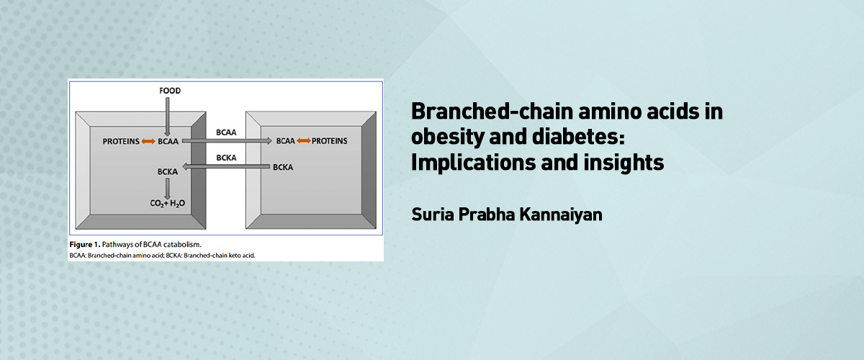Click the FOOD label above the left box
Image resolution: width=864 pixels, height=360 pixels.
tap(170, 91)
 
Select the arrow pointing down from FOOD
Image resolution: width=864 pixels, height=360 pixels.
tap(167, 117)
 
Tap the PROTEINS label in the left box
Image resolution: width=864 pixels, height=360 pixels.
tap(121, 142)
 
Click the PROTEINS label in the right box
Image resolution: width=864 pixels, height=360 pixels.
tap(330, 141)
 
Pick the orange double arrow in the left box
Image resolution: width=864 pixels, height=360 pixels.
tap(148, 142)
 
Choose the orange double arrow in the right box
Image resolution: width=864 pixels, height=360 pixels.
tap(304, 141)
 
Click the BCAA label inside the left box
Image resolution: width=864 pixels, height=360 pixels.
tap(168, 142)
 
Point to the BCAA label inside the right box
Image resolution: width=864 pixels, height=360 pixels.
tap(285, 141)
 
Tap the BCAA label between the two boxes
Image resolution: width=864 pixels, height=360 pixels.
tap(226, 132)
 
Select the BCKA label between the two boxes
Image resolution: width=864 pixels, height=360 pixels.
tap(226, 158)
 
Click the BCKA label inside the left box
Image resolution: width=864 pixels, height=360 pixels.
tap(167, 171)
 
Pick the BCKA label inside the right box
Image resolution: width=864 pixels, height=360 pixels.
tap(283, 168)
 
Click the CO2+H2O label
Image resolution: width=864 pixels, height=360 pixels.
tap(167, 203)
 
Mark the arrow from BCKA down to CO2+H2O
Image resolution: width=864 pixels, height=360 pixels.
tap(167, 189)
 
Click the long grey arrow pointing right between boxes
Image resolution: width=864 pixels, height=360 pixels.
tap(227, 141)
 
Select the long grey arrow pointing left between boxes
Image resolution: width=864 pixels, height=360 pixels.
tap(226, 167)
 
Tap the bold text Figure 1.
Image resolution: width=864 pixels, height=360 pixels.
tap(85, 245)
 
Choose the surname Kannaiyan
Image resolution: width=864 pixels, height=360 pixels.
tap(561, 215)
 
